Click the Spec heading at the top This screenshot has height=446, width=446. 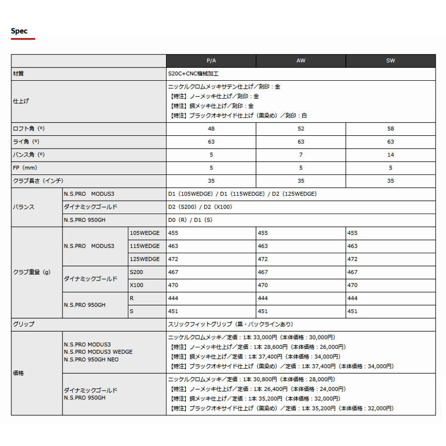[x=19, y=31]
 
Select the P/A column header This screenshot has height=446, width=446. [x=211, y=60]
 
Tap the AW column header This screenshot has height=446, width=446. [x=301, y=60]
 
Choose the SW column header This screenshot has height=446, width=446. [x=390, y=60]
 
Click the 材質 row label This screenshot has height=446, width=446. [x=18, y=73]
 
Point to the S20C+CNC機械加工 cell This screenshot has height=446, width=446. [x=193, y=73]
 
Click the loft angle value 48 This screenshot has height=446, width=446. [x=211, y=128]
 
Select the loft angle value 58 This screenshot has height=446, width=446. [x=390, y=128]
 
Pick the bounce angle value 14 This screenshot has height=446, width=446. [x=390, y=155]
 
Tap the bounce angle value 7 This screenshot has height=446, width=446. [x=301, y=155]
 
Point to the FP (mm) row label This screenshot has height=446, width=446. [x=24, y=167]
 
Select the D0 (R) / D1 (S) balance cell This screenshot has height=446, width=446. [x=190, y=220]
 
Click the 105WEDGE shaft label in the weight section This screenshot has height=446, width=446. [x=145, y=233]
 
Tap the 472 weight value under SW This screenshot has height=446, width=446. [x=352, y=259]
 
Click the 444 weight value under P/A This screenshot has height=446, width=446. [x=173, y=298]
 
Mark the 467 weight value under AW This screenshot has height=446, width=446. [x=263, y=272]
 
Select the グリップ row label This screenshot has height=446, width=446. [x=23, y=324]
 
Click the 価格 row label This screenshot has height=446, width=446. [x=18, y=373]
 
